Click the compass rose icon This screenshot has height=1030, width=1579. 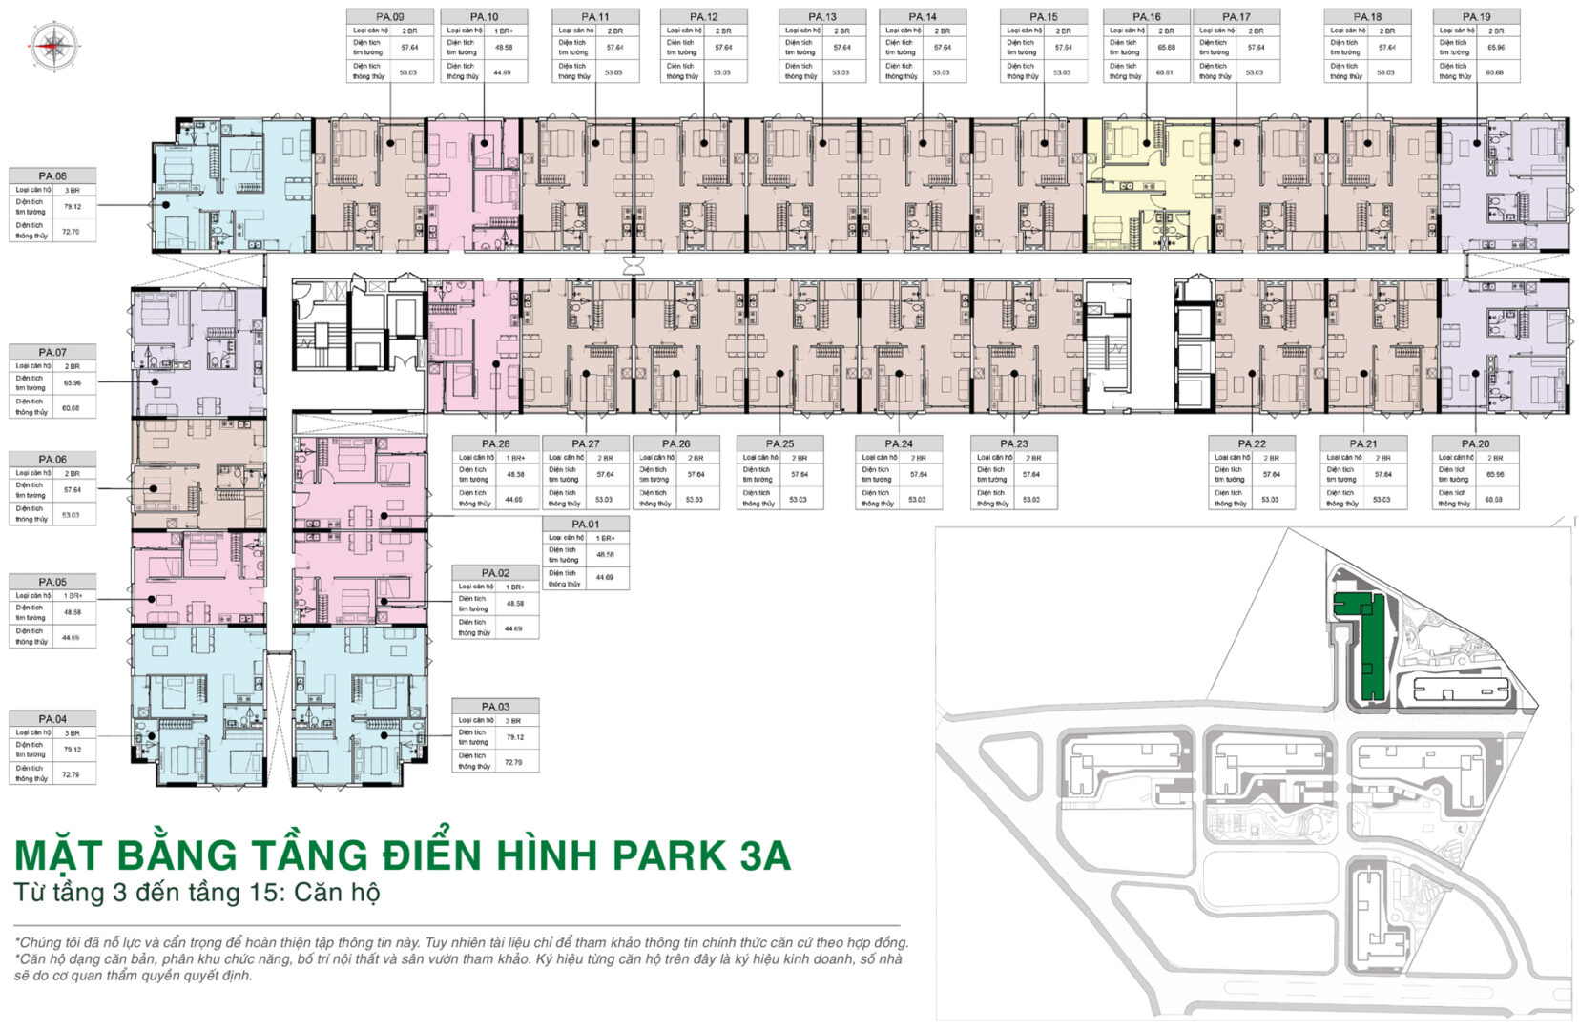point(54,45)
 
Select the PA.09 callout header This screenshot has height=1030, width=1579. point(389,16)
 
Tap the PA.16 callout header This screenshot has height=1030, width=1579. point(1146,16)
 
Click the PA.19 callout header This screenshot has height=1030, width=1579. point(1475,16)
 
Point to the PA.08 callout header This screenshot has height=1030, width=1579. point(52,175)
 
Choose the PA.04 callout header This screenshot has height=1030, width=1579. point(52,718)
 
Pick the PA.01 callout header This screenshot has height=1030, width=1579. point(586,524)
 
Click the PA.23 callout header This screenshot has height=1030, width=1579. point(1013,443)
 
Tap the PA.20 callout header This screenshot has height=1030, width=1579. point(1475,443)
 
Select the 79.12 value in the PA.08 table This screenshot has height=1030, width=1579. point(73,206)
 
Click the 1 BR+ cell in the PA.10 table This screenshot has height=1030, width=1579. point(504,31)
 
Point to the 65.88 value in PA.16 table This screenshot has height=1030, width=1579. point(1166,47)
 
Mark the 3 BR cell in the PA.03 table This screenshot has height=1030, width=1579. point(514,720)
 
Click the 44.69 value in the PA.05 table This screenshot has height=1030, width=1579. point(71,637)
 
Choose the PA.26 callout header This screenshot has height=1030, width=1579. point(675,443)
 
